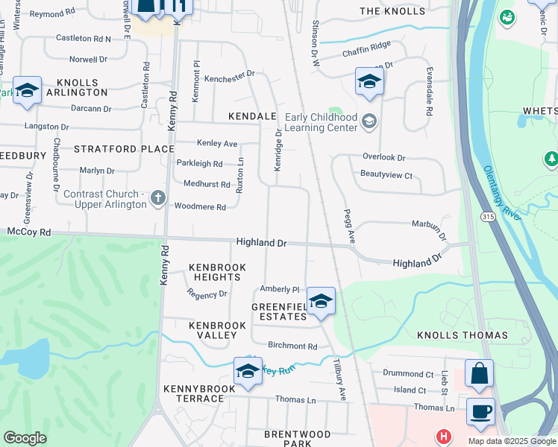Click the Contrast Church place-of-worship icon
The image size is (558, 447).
click(x=157, y=198)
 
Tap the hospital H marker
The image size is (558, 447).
click(x=445, y=436)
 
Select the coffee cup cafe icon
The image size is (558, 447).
click(x=480, y=410)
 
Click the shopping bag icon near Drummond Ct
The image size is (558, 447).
click(x=478, y=373)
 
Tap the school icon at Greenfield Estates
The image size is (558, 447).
click(x=321, y=301)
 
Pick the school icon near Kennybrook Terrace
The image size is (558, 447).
click(x=248, y=371)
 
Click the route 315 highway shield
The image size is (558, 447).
click(x=487, y=216)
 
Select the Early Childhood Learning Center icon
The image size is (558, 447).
click(x=368, y=121)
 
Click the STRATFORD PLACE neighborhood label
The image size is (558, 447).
click(x=124, y=149)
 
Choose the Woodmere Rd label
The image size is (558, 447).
click(x=200, y=207)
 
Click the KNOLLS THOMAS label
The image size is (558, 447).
click(x=462, y=336)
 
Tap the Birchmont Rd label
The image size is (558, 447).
click(x=292, y=346)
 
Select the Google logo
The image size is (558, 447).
click(x=25, y=438)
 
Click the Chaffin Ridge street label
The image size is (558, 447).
click(x=366, y=45)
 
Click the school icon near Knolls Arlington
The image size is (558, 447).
click(x=27, y=91)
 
